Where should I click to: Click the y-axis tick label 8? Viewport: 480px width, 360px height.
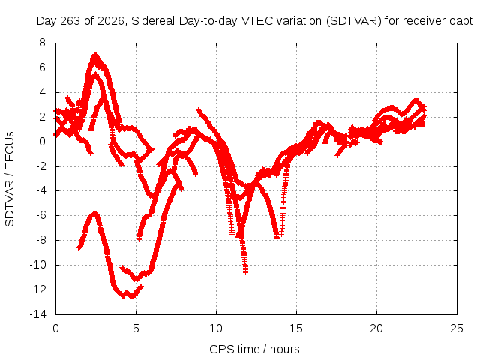(42, 43)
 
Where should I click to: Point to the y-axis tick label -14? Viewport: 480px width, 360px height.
(38, 314)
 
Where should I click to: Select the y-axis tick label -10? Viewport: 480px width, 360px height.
(38, 265)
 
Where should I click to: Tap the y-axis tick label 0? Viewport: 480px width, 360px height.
(42, 142)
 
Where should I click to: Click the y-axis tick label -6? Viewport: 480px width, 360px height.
(40, 215)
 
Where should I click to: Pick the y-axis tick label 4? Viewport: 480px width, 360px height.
(42, 92)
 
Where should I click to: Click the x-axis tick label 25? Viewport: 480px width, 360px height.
(457, 328)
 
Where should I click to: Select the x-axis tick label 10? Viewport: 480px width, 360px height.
(216, 328)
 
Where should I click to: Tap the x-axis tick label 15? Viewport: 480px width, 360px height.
(296, 328)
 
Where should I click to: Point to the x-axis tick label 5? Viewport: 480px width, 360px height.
(136, 328)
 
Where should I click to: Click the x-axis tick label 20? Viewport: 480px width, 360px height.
(376, 328)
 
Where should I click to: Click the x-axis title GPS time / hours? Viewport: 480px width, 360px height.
(254, 349)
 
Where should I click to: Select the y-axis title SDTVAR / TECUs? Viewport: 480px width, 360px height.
(10, 179)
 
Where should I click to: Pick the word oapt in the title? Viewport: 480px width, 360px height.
(461, 22)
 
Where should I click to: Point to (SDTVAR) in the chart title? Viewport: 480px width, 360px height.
(353, 21)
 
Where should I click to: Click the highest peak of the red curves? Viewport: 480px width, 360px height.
(95, 55)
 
